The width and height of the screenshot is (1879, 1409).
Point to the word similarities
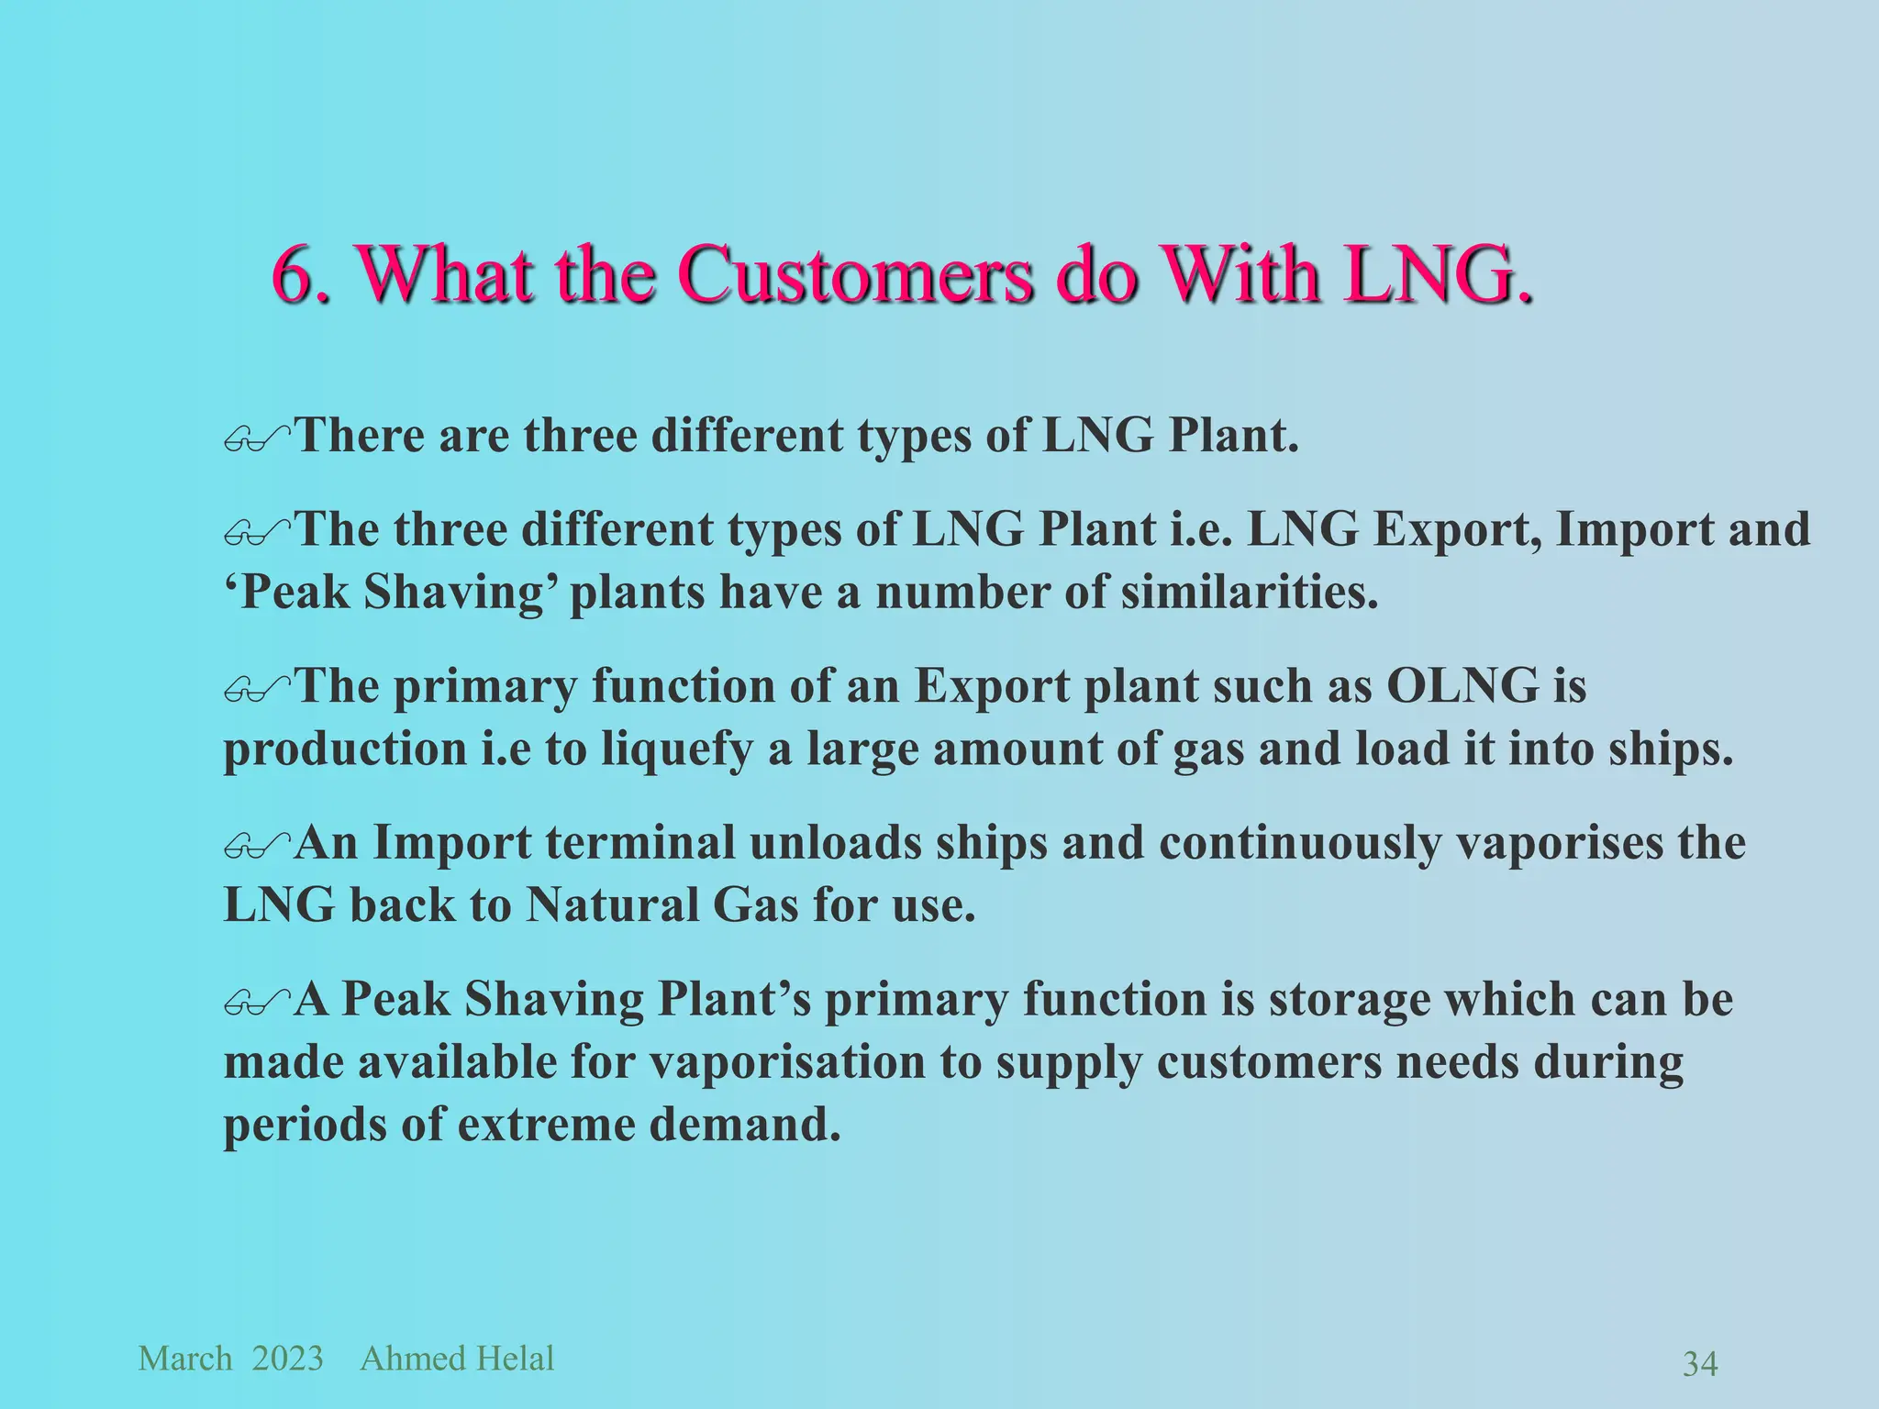(1249, 592)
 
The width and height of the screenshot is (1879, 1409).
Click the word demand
(745, 1125)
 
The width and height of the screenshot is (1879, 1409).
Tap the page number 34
(1700, 1364)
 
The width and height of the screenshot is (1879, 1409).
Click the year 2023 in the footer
(287, 1359)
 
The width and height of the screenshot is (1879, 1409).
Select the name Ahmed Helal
(457, 1359)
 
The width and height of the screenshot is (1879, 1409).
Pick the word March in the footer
(185, 1359)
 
